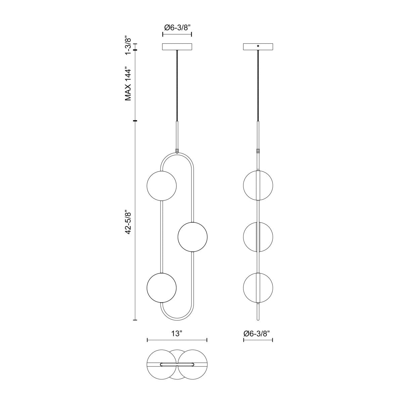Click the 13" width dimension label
pyautogui.click(x=177, y=333)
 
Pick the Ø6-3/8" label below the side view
pyautogui.click(x=258, y=333)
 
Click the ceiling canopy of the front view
pyautogui.click(x=177, y=47)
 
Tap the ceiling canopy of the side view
pyautogui.click(x=258, y=47)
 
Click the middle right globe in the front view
pyautogui.click(x=192, y=237)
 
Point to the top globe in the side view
pyautogui.click(x=258, y=185)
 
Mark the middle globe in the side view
pyautogui.click(x=258, y=237)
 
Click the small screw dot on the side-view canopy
pyautogui.click(x=258, y=46)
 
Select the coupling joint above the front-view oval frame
pyautogui.click(x=177, y=151)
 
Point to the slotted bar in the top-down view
pyautogui.click(x=177, y=364)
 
